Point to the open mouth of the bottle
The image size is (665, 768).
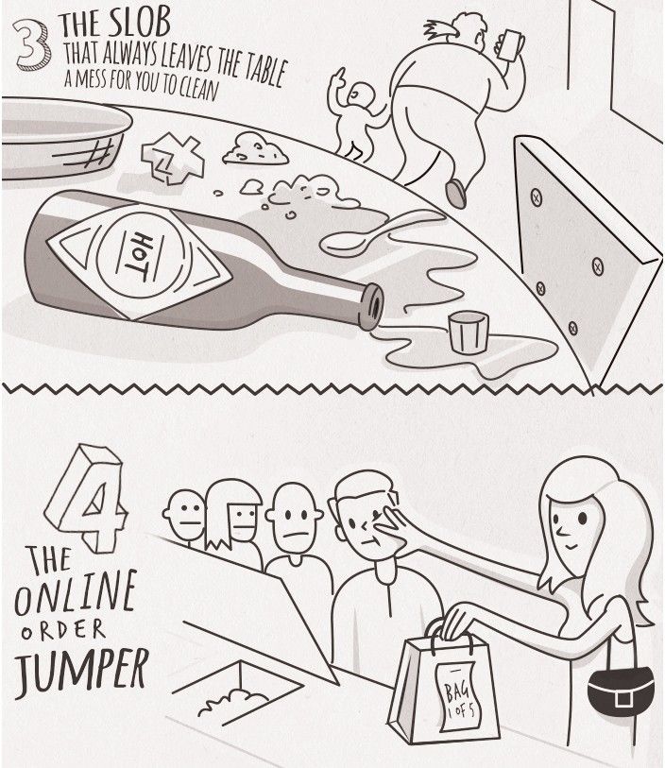pos(374,307)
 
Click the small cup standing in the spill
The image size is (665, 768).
pos(469,333)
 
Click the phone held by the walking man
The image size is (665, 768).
pos(509,44)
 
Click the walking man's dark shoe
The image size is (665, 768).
pos(456,193)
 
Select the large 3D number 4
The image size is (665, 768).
pos(86,498)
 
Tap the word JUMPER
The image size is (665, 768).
pos(81,670)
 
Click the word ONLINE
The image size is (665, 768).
pos(75,593)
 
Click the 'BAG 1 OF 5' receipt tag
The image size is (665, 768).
pos(456,696)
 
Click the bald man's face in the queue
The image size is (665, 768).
pos(294,520)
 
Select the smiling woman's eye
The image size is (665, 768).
pos(583,517)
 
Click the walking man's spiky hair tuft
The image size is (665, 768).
pos(440,30)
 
